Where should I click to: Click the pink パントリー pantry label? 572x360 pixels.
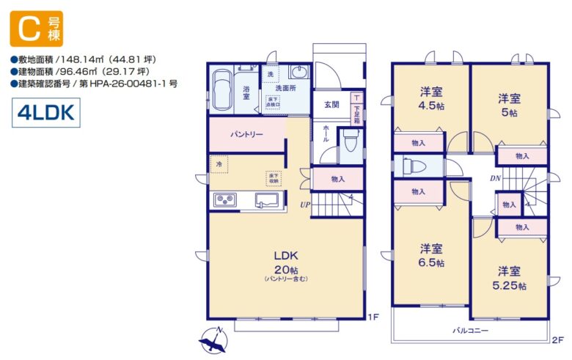247,135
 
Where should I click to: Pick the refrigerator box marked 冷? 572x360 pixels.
219,165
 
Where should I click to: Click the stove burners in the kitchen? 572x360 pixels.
224,199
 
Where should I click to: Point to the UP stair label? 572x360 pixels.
304,205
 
